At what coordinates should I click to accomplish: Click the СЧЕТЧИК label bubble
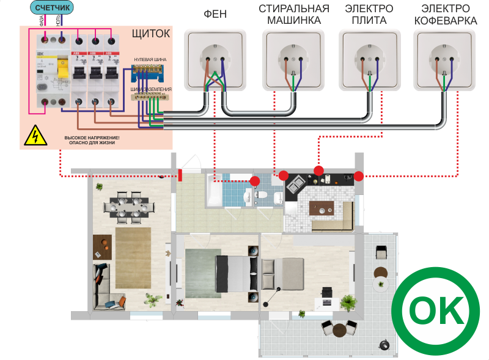tap(52, 8)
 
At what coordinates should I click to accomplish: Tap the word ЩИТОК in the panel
tap(151, 33)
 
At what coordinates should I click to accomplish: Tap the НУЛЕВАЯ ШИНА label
tap(150, 59)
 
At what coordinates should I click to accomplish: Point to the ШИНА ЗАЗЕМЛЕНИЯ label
tap(149, 89)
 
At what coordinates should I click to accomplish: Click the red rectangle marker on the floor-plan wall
tap(180, 175)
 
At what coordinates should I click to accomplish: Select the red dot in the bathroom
tap(255, 182)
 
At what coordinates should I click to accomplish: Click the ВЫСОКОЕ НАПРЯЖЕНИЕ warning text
tap(92, 141)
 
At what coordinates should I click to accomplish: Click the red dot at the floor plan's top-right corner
tap(359, 176)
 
